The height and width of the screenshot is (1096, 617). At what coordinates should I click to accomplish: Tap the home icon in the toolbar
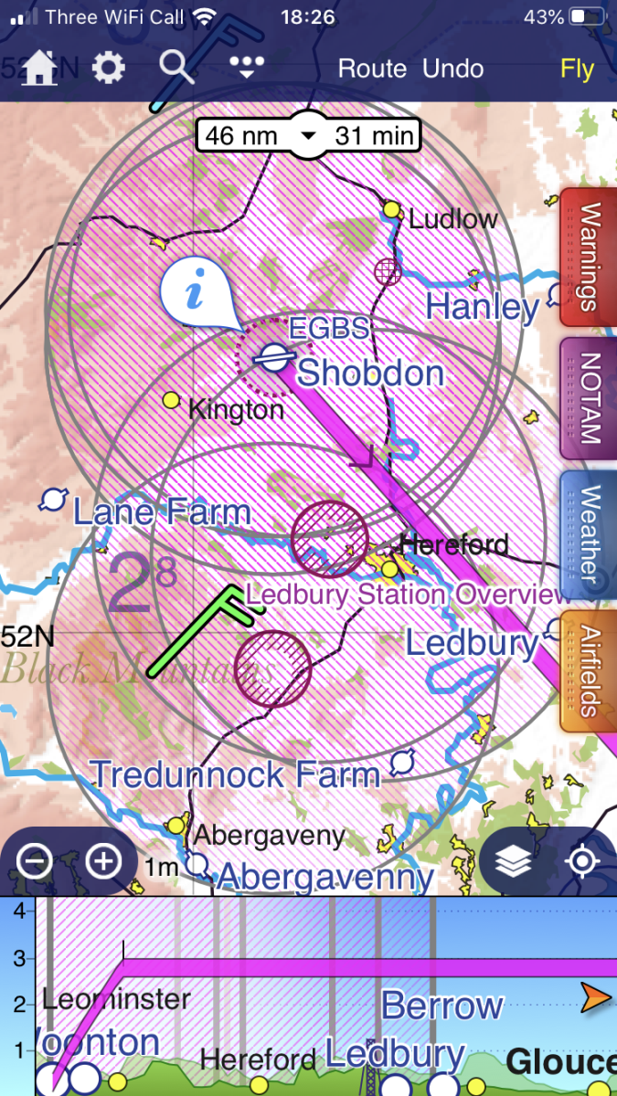point(40,68)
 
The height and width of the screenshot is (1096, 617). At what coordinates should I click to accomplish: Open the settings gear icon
point(109,68)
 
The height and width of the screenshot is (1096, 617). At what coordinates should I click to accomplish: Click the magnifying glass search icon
point(176,68)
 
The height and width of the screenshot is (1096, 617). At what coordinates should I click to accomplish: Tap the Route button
point(372,69)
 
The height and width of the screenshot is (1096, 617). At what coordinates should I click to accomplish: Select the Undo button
point(452,69)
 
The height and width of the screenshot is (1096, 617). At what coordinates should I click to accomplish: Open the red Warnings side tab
point(589,258)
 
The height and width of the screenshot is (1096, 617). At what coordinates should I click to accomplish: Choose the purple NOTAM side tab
point(589,398)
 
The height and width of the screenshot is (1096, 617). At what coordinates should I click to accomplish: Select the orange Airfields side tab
point(589,671)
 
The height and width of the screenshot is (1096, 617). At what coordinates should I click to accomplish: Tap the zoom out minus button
point(35,860)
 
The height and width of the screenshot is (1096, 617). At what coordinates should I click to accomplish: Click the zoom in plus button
point(103,860)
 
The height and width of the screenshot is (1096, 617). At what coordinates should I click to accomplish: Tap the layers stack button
point(514,861)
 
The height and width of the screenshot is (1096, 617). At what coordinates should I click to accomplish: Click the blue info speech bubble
point(194,294)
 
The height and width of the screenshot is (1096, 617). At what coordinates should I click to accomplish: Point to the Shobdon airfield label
point(370,374)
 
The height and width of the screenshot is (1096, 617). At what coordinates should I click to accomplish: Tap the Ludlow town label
point(452,219)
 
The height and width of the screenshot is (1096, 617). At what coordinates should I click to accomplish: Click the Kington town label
point(236,409)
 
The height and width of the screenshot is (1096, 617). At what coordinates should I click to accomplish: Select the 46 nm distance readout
point(243,136)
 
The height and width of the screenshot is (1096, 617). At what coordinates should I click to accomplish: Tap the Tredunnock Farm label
point(234,775)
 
